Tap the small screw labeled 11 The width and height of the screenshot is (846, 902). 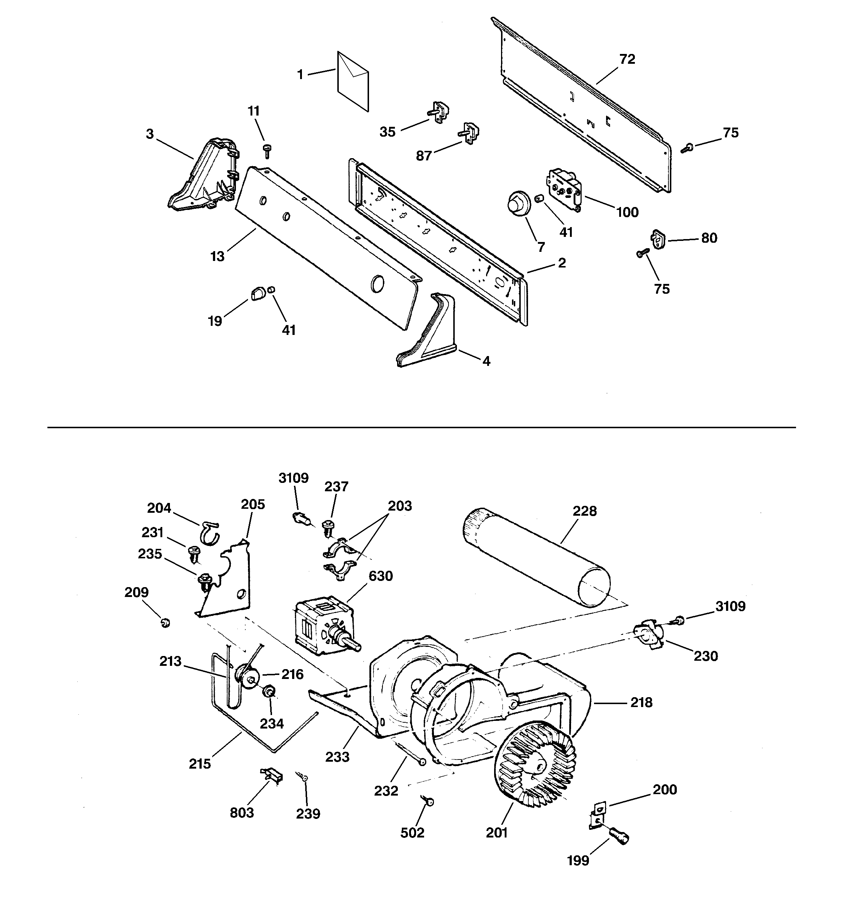tap(267, 150)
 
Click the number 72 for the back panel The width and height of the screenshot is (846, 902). tap(627, 59)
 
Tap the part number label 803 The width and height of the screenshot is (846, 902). tap(242, 812)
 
